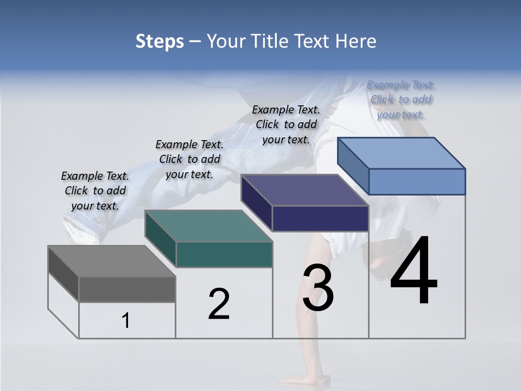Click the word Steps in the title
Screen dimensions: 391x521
click(160, 41)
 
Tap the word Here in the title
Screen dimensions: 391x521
click(353, 41)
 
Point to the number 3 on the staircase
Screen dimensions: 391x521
click(318, 288)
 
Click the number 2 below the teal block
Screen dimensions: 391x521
click(219, 304)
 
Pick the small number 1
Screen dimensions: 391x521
click(126, 321)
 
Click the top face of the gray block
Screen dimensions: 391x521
click(112, 261)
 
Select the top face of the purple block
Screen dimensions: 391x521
click(305, 190)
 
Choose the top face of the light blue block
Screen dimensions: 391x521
click(402, 153)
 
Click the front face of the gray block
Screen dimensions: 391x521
click(127, 289)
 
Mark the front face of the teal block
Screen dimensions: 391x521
click(224, 254)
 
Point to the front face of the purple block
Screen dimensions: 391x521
click(320, 218)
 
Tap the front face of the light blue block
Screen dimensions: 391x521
click(417, 181)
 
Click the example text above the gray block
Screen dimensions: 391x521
click(95, 191)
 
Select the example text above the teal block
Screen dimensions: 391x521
click(189, 159)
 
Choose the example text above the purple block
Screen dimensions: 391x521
click(286, 124)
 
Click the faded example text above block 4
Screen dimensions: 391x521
click(401, 99)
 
